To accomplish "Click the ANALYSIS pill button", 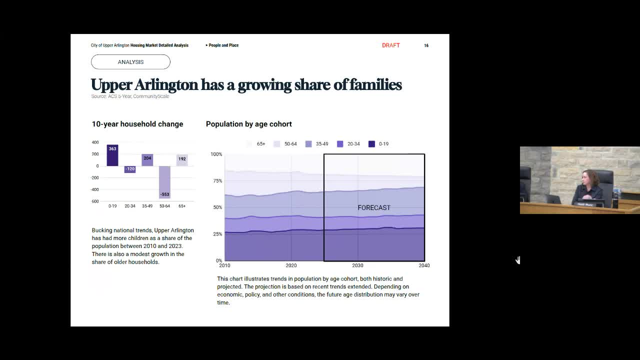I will click(x=130, y=62).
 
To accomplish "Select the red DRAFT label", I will click(x=390, y=45).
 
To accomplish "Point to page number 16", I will click(x=426, y=45).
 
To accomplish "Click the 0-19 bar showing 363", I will click(x=112, y=155).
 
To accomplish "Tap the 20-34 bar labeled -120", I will click(x=130, y=169).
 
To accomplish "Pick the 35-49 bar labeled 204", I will click(x=147, y=160).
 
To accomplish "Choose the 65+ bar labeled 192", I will click(x=182, y=160).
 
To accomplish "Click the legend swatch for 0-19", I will click(x=371, y=144).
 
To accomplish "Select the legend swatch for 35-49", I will click(x=308, y=144).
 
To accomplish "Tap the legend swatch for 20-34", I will click(x=340, y=144).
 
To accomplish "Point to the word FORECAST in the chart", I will click(x=374, y=207).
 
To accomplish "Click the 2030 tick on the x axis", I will click(x=357, y=265).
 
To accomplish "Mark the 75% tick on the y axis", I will click(x=217, y=180).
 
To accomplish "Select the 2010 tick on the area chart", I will click(x=224, y=265).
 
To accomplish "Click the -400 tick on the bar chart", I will click(x=94, y=189).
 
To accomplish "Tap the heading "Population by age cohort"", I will click(x=248, y=124).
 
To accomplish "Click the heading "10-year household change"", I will click(x=137, y=124).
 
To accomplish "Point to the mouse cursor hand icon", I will click(x=518, y=260).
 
